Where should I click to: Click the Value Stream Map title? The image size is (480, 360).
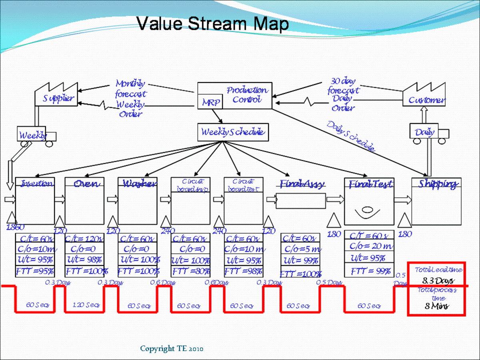coord(212,24)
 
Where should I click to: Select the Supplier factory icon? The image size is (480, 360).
coord(57,95)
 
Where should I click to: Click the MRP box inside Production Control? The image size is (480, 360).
coord(210,102)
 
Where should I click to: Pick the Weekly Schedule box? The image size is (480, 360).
coord(232,132)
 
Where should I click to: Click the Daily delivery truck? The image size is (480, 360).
coord(426,132)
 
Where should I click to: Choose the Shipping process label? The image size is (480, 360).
coord(437,184)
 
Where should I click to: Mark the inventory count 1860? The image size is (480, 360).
coord(16,227)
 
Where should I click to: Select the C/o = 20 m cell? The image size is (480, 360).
coord(370,246)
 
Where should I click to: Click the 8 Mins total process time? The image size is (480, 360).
coord(437,306)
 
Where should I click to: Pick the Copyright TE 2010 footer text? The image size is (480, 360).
coord(172,349)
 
